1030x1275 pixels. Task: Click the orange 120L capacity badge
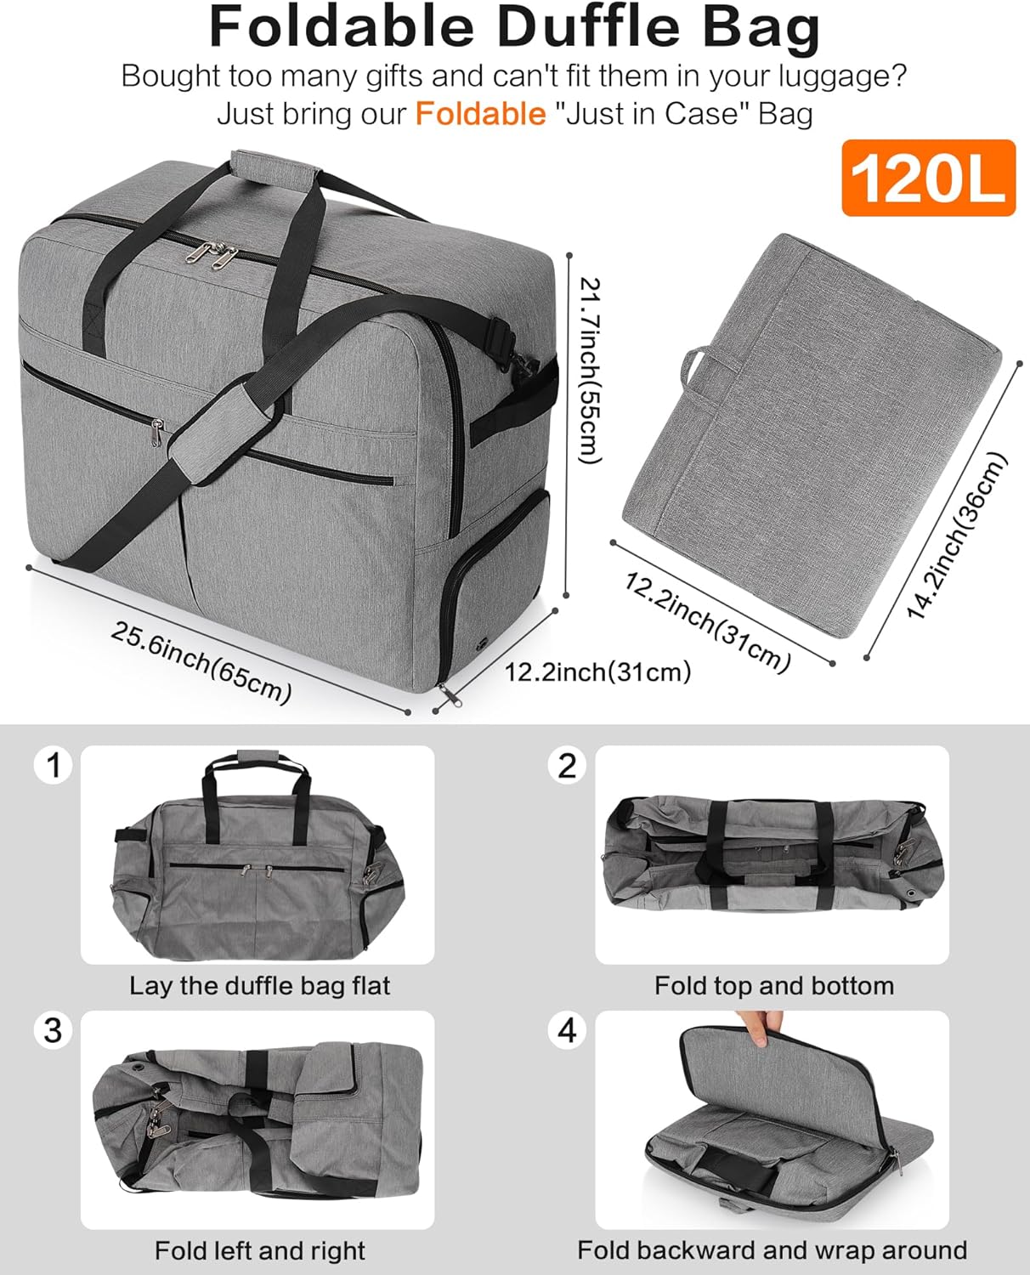(928, 178)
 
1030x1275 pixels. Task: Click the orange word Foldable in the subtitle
(480, 113)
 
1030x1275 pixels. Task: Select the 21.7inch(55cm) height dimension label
(589, 371)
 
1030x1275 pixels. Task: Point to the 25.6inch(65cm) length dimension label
(201, 663)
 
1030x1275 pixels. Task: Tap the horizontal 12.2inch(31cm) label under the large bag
(597, 672)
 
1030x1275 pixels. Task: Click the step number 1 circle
(54, 765)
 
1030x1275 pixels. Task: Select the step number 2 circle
(567, 765)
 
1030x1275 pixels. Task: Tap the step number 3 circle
(54, 1030)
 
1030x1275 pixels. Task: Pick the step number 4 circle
(567, 1030)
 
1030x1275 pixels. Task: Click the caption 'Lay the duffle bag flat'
(259, 986)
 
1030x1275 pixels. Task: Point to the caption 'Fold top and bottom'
(773, 986)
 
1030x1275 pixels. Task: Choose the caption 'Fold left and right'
(259, 1250)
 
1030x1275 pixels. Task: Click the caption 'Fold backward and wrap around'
(772, 1250)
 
